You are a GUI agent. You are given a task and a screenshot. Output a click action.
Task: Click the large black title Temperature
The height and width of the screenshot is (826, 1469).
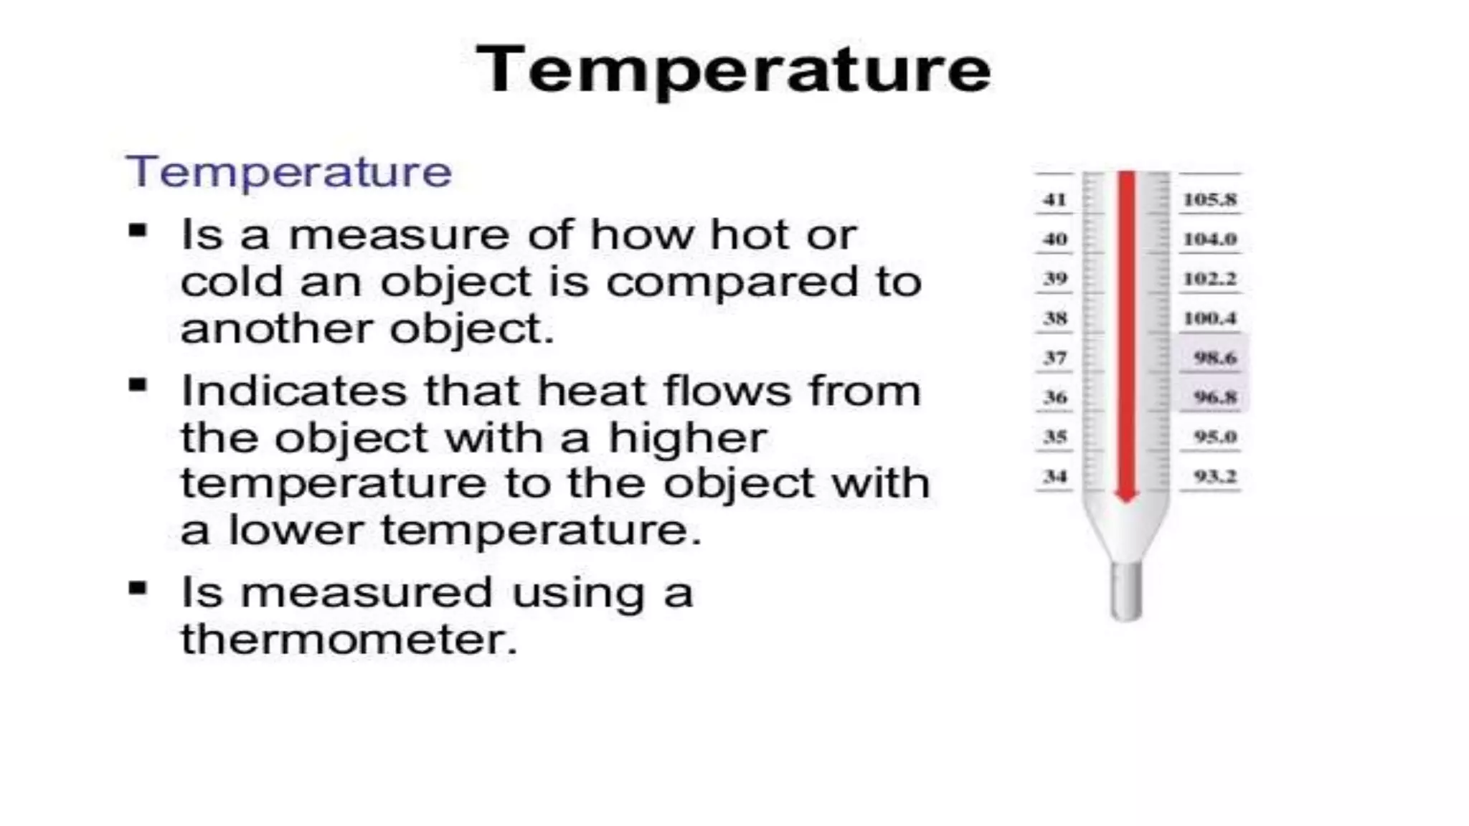click(733, 70)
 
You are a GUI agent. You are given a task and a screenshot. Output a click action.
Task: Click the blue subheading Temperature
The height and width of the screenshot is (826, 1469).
click(289, 172)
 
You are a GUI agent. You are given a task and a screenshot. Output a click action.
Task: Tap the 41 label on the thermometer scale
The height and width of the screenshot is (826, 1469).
click(1054, 199)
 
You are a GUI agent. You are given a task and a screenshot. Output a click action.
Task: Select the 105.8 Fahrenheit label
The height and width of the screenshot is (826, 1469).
click(1210, 199)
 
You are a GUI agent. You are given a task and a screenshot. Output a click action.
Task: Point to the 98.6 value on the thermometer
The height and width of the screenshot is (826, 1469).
click(1215, 357)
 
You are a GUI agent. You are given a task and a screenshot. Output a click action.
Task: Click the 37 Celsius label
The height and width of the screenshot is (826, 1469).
click(1054, 357)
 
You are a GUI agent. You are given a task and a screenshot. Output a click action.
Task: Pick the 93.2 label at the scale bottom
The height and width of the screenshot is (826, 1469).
click(1215, 476)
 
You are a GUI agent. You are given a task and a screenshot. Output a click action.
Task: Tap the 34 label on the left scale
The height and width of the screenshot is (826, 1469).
click(1054, 476)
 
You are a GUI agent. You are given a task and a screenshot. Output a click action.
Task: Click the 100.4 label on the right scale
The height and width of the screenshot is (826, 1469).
click(1210, 318)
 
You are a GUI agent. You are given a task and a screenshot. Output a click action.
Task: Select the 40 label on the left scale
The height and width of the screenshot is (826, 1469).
click(1054, 239)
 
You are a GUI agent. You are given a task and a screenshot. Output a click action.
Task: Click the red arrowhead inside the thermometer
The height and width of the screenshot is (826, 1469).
click(1126, 495)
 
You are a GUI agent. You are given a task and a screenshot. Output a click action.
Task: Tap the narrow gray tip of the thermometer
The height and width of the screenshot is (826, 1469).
click(1126, 592)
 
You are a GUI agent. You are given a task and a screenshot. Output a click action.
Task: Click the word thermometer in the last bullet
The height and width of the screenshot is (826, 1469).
click(349, 638)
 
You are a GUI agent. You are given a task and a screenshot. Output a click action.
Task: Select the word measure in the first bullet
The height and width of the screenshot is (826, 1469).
click(398, 235)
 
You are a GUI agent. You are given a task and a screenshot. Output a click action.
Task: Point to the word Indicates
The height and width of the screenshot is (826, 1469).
click(294, 391)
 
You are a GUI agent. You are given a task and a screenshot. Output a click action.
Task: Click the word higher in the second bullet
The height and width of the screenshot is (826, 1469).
click(687, 439)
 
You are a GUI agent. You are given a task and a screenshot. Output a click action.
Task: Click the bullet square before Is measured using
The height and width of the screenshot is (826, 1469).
click(138, 589)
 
